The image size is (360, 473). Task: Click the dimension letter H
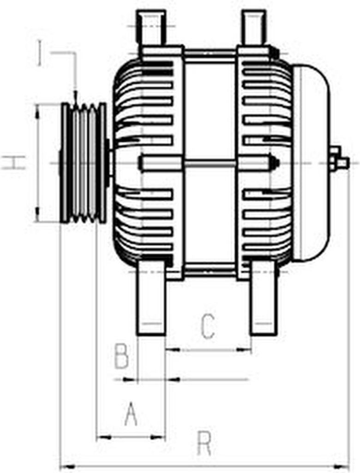pos(14,163)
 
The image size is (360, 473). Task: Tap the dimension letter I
pos(41,53)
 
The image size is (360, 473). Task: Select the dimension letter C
pos(208,326)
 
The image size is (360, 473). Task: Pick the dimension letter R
pos(204,443)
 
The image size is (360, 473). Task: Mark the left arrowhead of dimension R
pos(65,467)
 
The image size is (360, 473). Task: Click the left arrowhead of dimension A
pos(101,437)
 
